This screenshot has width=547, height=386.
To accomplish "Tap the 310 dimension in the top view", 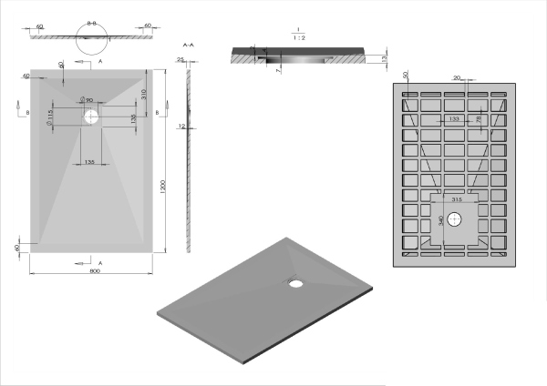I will point(145,94).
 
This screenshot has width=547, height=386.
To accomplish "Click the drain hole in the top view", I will point(91,117).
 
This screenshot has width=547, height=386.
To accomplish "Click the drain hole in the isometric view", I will point(296,282).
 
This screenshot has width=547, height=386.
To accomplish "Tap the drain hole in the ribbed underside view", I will point(456,219).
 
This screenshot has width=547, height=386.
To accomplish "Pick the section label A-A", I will point(189,44).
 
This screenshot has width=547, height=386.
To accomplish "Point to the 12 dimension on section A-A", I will point(182,127).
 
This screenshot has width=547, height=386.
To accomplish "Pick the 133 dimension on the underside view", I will point(453,118).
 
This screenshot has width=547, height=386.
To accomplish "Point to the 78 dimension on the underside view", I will point(480,118).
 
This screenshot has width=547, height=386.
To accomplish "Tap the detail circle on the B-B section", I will point(91,33).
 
